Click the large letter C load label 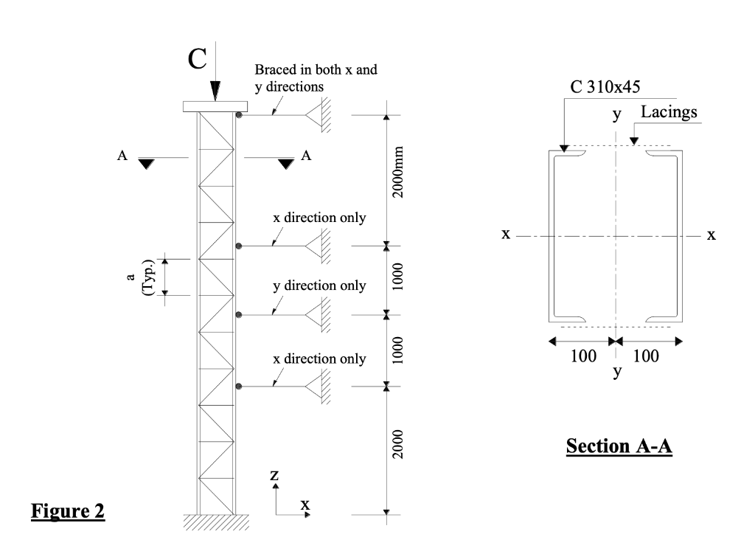click(x=195, y=58)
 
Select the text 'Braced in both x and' click(x=316, y=71)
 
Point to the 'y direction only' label click(x=319, y=285)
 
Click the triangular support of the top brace click(x=318, y=115)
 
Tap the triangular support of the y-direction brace click(x=318, y=315)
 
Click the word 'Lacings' click(x=669, y=112)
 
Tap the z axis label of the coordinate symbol click(x=274, y=477)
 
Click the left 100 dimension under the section click(x=583, y=357)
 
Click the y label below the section click(x=617, y=372)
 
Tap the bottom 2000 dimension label click(x=396, y=450)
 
